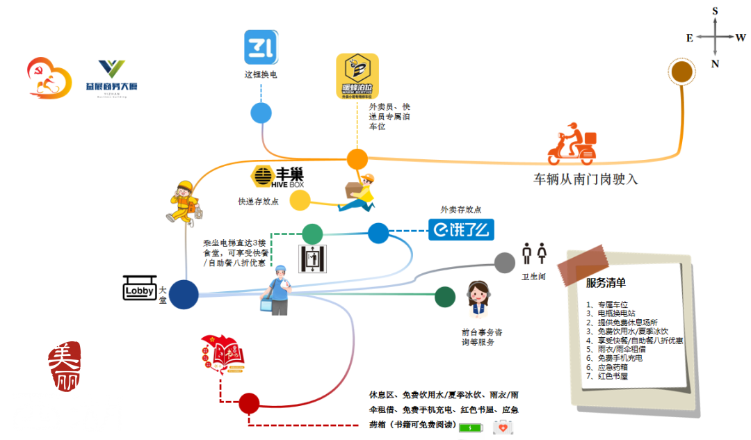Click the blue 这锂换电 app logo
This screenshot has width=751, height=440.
[x=261, y=47]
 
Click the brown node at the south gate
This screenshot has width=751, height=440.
[x=681, y=72]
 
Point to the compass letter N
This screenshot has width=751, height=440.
[x=715, y=64]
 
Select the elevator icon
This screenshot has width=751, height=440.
[x=312, y=259]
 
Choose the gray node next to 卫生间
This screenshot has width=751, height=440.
[x=505, y=263]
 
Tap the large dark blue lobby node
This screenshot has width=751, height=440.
[x=184, y=294]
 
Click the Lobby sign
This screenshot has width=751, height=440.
[x=140, y=288]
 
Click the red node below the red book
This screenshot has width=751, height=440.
[x=248, y=402]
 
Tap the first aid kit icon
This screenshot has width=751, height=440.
[x=503, y=427]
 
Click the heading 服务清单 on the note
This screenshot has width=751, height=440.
[x=605, y=283]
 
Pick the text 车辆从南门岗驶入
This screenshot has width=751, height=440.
[x=585, y=179]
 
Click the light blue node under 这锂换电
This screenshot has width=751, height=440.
[x=261, y=113]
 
